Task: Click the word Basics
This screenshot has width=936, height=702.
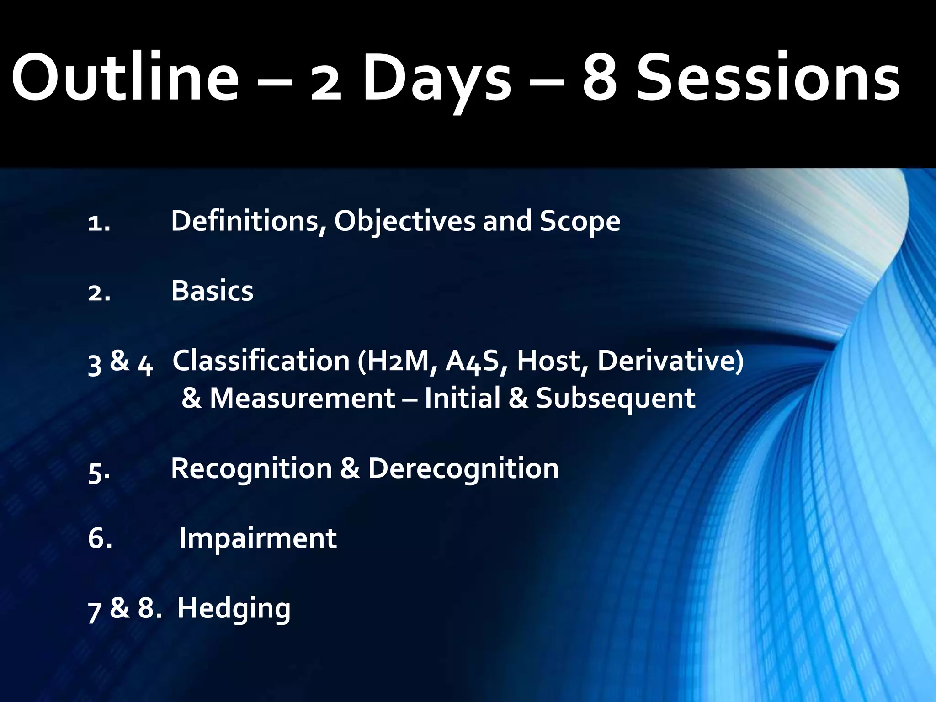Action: coord(212,291)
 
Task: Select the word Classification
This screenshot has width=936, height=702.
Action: coord(261,361)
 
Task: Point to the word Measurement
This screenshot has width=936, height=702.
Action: coord(302,398)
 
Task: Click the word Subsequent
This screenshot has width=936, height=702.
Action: coord(615,398)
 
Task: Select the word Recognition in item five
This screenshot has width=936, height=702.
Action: coord(251,469)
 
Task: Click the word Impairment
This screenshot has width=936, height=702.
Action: coord(257,538)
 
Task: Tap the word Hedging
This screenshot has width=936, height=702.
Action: coord(234,609)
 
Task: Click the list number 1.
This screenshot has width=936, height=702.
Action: coord(99,223)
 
